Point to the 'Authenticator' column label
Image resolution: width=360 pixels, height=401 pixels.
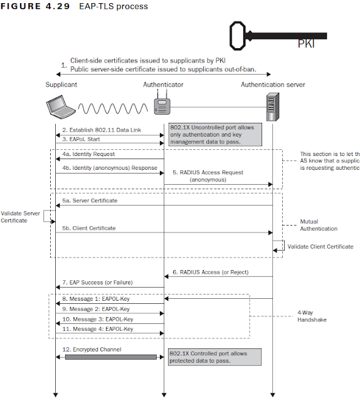(163, 84)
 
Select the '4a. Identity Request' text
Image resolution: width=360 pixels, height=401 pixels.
(89, 153)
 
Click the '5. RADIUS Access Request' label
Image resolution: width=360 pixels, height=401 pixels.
(208, 172)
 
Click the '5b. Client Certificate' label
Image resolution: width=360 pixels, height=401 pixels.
(89, 228)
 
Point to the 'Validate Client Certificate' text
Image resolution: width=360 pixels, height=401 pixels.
(320, 247)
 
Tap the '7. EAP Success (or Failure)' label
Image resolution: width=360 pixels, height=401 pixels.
(97, 283)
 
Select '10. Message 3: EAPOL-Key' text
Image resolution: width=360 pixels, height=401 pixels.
(97, 319)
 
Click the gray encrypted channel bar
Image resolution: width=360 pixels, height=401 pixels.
(110, 357)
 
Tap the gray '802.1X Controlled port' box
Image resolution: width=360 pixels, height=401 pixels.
(214, 357)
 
